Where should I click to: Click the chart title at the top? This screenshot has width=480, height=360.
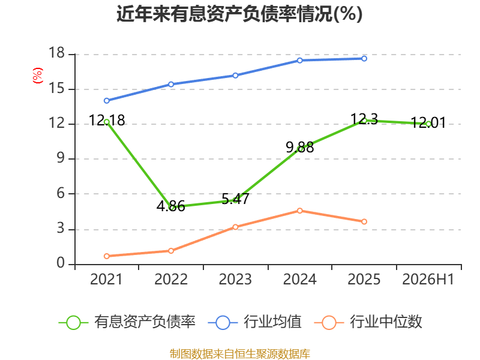pyautogui.click(x=239, y=14)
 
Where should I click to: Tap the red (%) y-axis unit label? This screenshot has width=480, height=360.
pyautogui.click(x=37, y=76)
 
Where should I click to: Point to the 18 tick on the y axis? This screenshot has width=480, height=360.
pyautogui.click(x=57, y=53)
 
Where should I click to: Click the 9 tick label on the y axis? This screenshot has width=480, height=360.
pyautogui.click(x=61, y=158)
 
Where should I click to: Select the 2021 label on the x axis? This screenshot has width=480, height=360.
pyautogui.click(x=106, y=279)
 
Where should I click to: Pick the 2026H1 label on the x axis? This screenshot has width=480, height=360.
pyautogui.click(x=428, y=279)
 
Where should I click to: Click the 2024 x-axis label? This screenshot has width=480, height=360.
pyautogui.click(x=299, y=279)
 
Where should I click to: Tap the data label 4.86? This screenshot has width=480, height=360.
pyautogui.click(x=171, y=206)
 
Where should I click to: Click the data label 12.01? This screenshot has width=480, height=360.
pyautogui.click(x=428, y=122)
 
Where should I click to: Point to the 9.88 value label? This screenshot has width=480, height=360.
pyautogui.click(x=299, y=147)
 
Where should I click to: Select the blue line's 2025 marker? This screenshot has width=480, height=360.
pyautogui.click(x=364, y=58)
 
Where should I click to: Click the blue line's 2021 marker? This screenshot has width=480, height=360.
pyautogui.click(x=107, y=101)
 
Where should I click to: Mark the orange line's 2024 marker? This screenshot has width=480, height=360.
pyautogui.click(x=299, y=211)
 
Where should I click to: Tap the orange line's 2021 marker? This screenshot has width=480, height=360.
pyautogui.click(x=107, y=256)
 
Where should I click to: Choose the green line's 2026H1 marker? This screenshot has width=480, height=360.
pyautogui.click(x=428, y=124)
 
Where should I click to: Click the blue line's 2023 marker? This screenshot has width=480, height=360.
pyautogui.click(x=235, y=76)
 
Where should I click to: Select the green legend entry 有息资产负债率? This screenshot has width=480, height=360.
pyautogui.click(x=127, y=322)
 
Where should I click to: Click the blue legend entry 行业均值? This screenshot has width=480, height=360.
pyautogui.click(x=254, y=322)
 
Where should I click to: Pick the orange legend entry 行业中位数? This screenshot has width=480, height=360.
pyautogui.click(x=368, y=322)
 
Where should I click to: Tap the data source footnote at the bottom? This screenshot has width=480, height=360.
pyautogui.click(x=239, y=353)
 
